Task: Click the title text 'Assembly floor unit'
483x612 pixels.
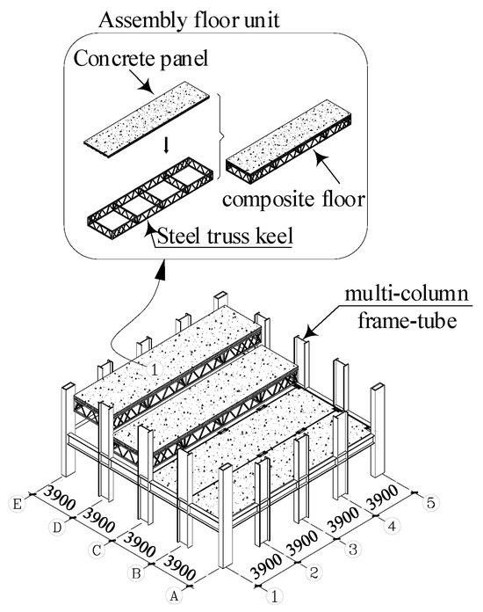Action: [x=189, y=19]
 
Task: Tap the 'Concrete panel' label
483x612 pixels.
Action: [x=141, y=59]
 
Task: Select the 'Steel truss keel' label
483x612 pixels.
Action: [x=225, y=237]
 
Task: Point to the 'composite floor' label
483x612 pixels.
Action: [x=293, y=199]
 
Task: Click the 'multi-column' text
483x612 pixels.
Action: [x=407, y=294]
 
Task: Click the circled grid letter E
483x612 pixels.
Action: [x=17, y=504]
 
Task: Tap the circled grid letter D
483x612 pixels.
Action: [x=57, y=528]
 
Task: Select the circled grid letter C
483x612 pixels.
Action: [x=97, y=550]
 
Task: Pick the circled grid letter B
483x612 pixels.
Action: [x=136, y=573]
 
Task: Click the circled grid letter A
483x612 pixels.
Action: [x=174, y=596]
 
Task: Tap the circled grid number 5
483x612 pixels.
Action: [x=431, y=502]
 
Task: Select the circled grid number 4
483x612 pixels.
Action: [x=392, y=526]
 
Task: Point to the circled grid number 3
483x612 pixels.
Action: [x=352, y=550]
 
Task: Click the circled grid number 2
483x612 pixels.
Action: [x=314, y=572]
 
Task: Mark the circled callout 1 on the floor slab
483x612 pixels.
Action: [x=155, y=368]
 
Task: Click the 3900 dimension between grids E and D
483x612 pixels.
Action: [x=59, y=498]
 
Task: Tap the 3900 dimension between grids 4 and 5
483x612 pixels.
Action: [x=382, y=497]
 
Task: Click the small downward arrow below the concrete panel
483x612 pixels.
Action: [x=167, y=146]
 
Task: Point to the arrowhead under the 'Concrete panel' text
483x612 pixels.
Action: [x=145, y=87]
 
